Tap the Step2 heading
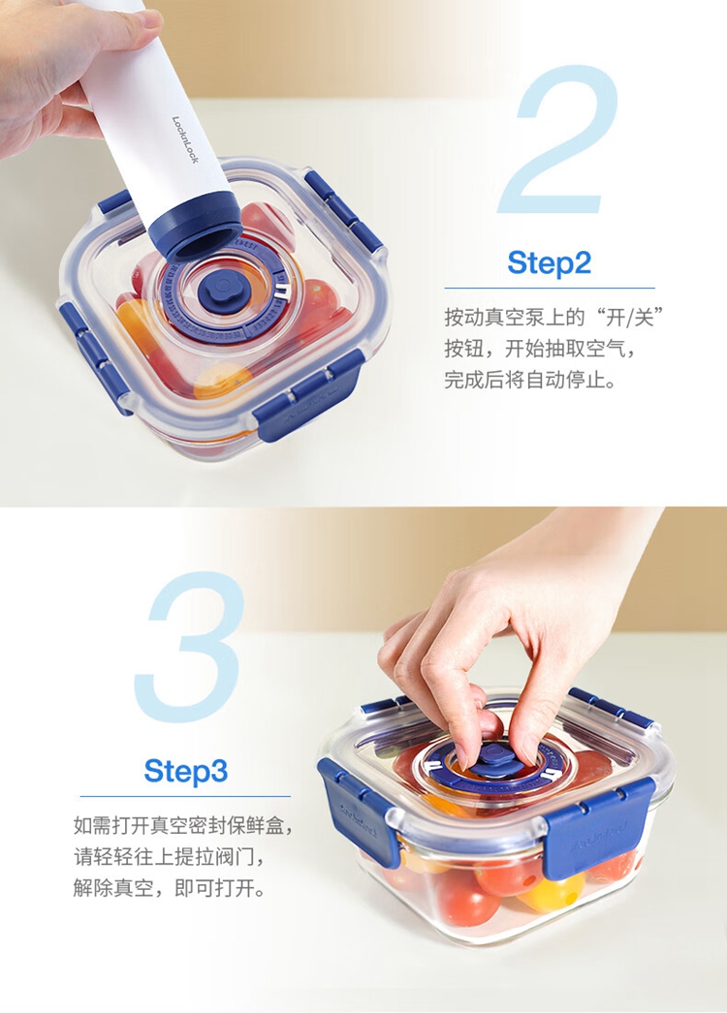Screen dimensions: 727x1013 tap(550, 262)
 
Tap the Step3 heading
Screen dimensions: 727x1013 tap(186, 770)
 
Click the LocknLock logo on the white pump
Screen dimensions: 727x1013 tap(185, 139)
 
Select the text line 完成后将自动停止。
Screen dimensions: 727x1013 tap(529, 380)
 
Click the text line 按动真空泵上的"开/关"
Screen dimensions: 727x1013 tap(555, 318)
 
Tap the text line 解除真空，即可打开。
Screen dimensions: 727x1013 tap(169, 888)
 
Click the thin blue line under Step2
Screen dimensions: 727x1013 tap(550, 289)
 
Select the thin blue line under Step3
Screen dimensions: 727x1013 tap(185, 797)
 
